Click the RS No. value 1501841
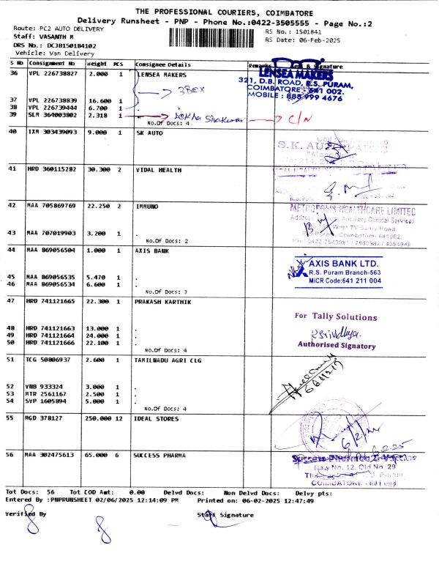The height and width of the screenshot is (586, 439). point(307,32)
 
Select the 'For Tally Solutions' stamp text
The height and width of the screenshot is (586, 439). point(336,316)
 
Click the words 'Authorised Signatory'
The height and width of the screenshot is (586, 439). point(336,344)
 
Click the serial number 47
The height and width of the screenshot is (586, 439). point(12,301)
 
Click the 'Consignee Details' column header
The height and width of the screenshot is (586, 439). point(162,64)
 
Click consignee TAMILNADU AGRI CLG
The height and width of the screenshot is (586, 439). point(171,360)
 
